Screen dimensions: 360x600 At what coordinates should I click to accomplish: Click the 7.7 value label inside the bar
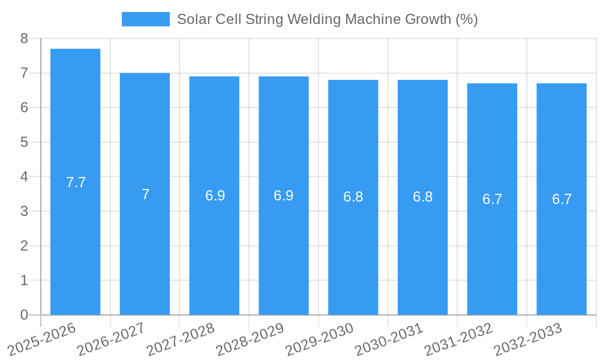tap(76, 182)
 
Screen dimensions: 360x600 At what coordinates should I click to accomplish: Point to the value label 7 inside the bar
tap(145, 194)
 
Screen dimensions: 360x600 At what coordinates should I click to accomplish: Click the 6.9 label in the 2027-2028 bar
tap(215, 196)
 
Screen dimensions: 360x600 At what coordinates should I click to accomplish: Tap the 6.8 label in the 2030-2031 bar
tap(422, 197)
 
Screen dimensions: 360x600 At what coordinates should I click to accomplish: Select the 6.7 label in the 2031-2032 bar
tap(492, 199)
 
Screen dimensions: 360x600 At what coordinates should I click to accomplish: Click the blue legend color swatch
tap(145, 19)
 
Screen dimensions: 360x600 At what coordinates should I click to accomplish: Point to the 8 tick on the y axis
tap(24, 38)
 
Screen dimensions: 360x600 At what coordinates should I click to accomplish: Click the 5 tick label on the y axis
tap(24, 142)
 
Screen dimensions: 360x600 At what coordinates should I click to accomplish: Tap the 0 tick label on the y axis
tap(24, 315)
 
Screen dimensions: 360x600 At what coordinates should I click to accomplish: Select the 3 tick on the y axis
tap(24, 211)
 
